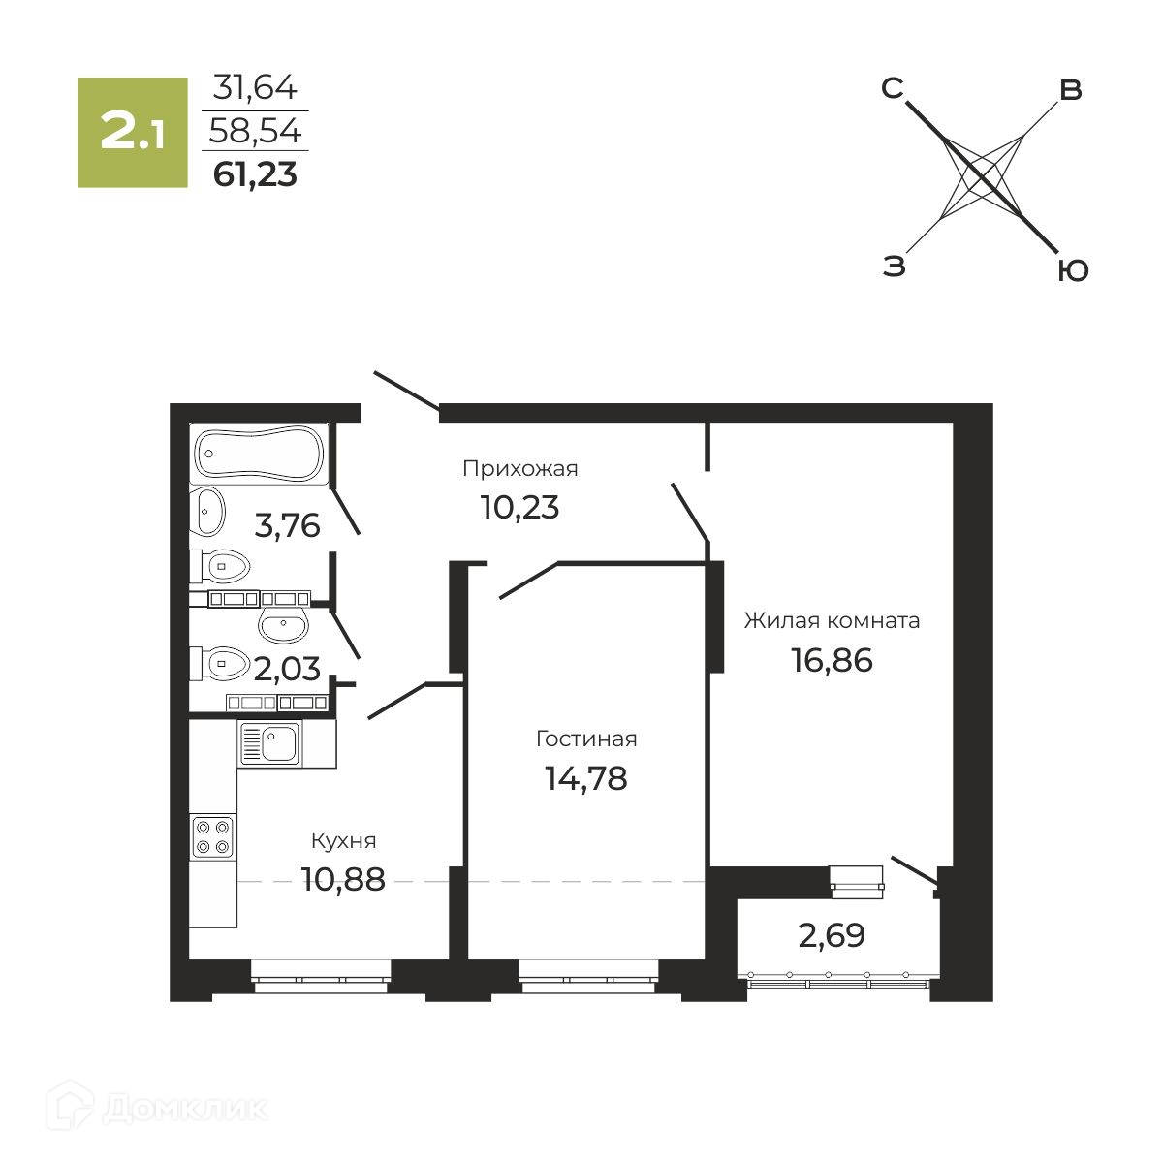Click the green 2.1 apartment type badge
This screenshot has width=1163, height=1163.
132,132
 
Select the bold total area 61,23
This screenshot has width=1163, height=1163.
255,174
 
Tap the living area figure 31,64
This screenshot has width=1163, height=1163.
255,87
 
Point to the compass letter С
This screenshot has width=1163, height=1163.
892,88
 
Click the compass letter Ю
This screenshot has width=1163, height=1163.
1073,271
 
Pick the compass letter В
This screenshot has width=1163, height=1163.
1071,90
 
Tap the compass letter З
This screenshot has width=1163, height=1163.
894,266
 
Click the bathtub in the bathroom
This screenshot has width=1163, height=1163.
260,454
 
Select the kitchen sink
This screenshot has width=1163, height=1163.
270,743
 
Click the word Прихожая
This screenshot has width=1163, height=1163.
520,469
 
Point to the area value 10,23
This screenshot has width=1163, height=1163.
520,507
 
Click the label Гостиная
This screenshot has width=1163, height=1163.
586,739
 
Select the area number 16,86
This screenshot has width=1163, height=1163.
832,660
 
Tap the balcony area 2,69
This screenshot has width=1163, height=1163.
832,936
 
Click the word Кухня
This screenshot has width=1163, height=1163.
344,840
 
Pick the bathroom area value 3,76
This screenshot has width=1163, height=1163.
287,525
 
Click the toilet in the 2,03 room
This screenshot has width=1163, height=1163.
220,663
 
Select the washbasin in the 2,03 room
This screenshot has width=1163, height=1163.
284,625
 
